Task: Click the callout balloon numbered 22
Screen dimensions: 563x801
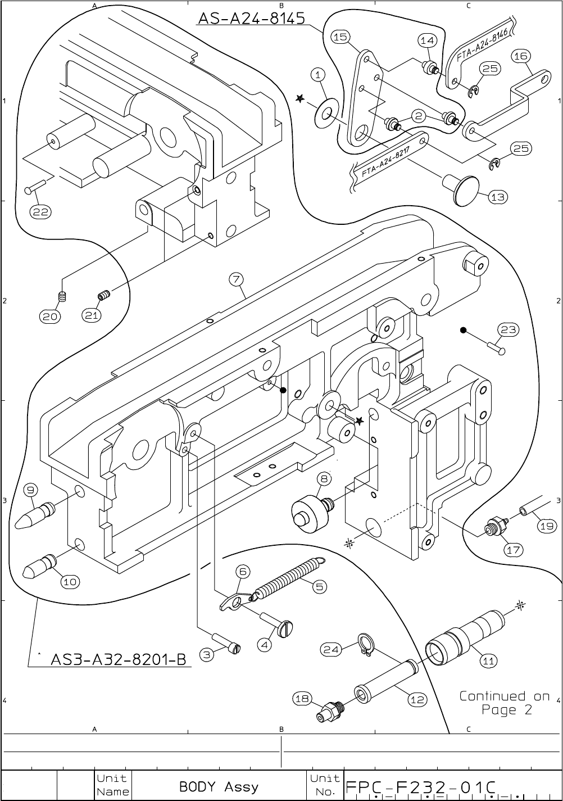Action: click(x=40, y=212)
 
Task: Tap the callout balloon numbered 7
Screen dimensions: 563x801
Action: click(x=236, y=279)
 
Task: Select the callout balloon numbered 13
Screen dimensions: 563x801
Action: click(x=498, y=197)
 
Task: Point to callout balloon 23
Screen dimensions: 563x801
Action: click(x=508, y=329)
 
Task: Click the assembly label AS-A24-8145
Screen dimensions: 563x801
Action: click(x=251, y=18)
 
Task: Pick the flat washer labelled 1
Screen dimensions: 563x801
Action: click(x=326, y=114)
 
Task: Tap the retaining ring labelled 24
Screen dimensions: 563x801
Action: click(x=366, y=645)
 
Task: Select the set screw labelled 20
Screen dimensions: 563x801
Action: click(x=62, y=296)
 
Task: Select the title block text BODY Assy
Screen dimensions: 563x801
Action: click(x=219, y=787)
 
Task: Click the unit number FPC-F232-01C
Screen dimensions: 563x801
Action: click(x=420, y=788)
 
